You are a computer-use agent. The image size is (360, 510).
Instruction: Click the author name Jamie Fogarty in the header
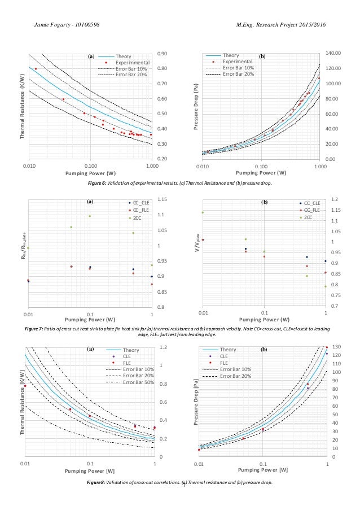[58, 25]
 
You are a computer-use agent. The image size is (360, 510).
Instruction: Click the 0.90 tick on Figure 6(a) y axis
[161, 54]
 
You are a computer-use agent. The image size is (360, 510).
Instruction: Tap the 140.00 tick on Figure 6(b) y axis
[333, 53]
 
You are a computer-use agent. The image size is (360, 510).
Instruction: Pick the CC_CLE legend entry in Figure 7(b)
[311, 203]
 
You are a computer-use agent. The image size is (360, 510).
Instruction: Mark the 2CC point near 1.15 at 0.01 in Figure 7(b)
[203, 212]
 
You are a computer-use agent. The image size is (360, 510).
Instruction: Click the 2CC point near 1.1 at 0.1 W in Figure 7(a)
[90, 216]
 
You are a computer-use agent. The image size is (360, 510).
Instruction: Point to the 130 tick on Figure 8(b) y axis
[336, 347]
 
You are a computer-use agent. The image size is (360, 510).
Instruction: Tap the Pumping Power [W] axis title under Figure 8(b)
[263, 470]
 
